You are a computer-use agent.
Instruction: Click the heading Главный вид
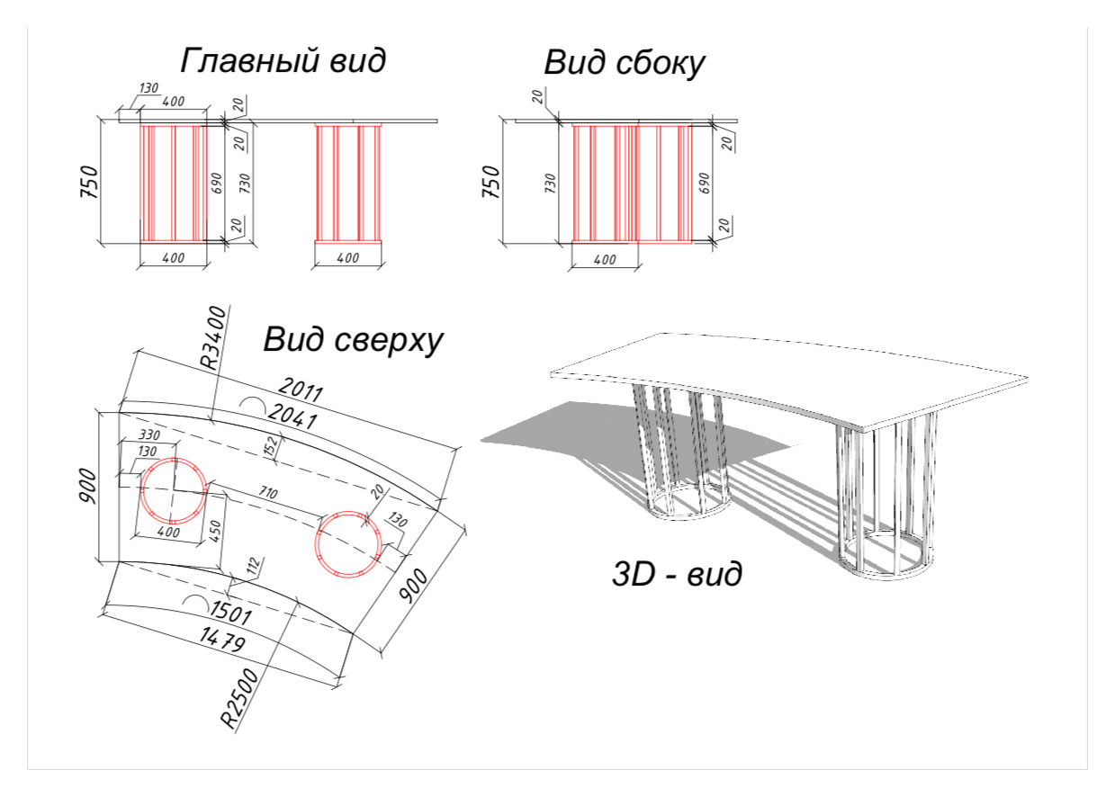pos(283,60)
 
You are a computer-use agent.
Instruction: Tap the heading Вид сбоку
pos(625,63)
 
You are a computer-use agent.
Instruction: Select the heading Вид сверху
pos(353,340)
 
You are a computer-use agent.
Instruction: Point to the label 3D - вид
pos(677,574)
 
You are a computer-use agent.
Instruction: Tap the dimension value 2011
pos(301,389)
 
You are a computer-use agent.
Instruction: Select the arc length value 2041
pos(292,416)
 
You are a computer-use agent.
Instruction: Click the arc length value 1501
pos(230,613)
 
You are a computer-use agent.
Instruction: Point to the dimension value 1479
pos(222,640)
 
